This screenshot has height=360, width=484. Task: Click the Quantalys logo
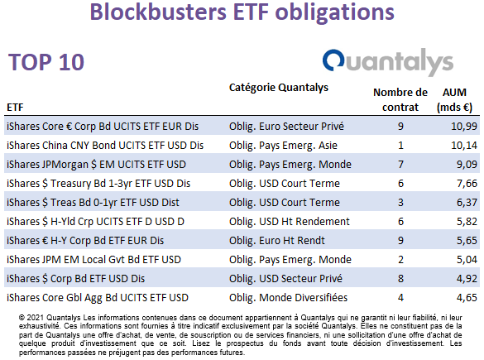(x=388, y=62)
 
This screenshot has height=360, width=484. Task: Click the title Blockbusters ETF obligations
(x=242, y=12)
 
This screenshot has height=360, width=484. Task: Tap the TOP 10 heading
(x=46, y=62)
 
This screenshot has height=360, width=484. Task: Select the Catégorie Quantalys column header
(x=279, y=88)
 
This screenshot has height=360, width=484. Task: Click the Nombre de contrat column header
(x=400, y=100)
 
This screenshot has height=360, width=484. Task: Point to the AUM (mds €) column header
(x=455, y=100)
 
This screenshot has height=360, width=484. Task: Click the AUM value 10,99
(x=464, y=127)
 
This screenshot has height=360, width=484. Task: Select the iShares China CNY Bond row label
(x=105, y=146)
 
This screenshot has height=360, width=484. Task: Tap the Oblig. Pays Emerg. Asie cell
(x=283, y=146)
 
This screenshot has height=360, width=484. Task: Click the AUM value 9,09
(x=467, y=164)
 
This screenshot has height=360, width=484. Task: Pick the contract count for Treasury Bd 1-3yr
(x=400, y=184)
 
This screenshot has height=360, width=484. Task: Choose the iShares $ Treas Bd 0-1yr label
(x=93, y=203)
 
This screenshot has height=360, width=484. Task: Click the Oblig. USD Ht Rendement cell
(x=290, y=222)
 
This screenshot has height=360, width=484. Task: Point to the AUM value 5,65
(x=467, y=241)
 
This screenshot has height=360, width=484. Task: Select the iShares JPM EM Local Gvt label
(x=93, y=260)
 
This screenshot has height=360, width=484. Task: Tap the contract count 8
(x=400, y=279)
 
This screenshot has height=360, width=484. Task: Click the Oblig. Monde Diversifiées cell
(x=288, y=298)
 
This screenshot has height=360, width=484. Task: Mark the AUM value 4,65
(x=467, y=298)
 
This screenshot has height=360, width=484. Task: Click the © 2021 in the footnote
(x=31, y=318)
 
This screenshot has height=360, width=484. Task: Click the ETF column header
(x=15, y=108)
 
